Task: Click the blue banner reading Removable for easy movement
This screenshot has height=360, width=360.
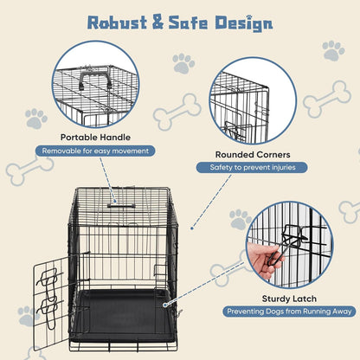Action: pos(96,151)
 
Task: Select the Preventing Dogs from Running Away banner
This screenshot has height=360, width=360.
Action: pos(288,311)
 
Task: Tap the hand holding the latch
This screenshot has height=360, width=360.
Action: pos(260,259)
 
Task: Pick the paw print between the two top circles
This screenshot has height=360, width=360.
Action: pos(183,63)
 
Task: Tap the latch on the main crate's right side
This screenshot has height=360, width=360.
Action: pos(169,303)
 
